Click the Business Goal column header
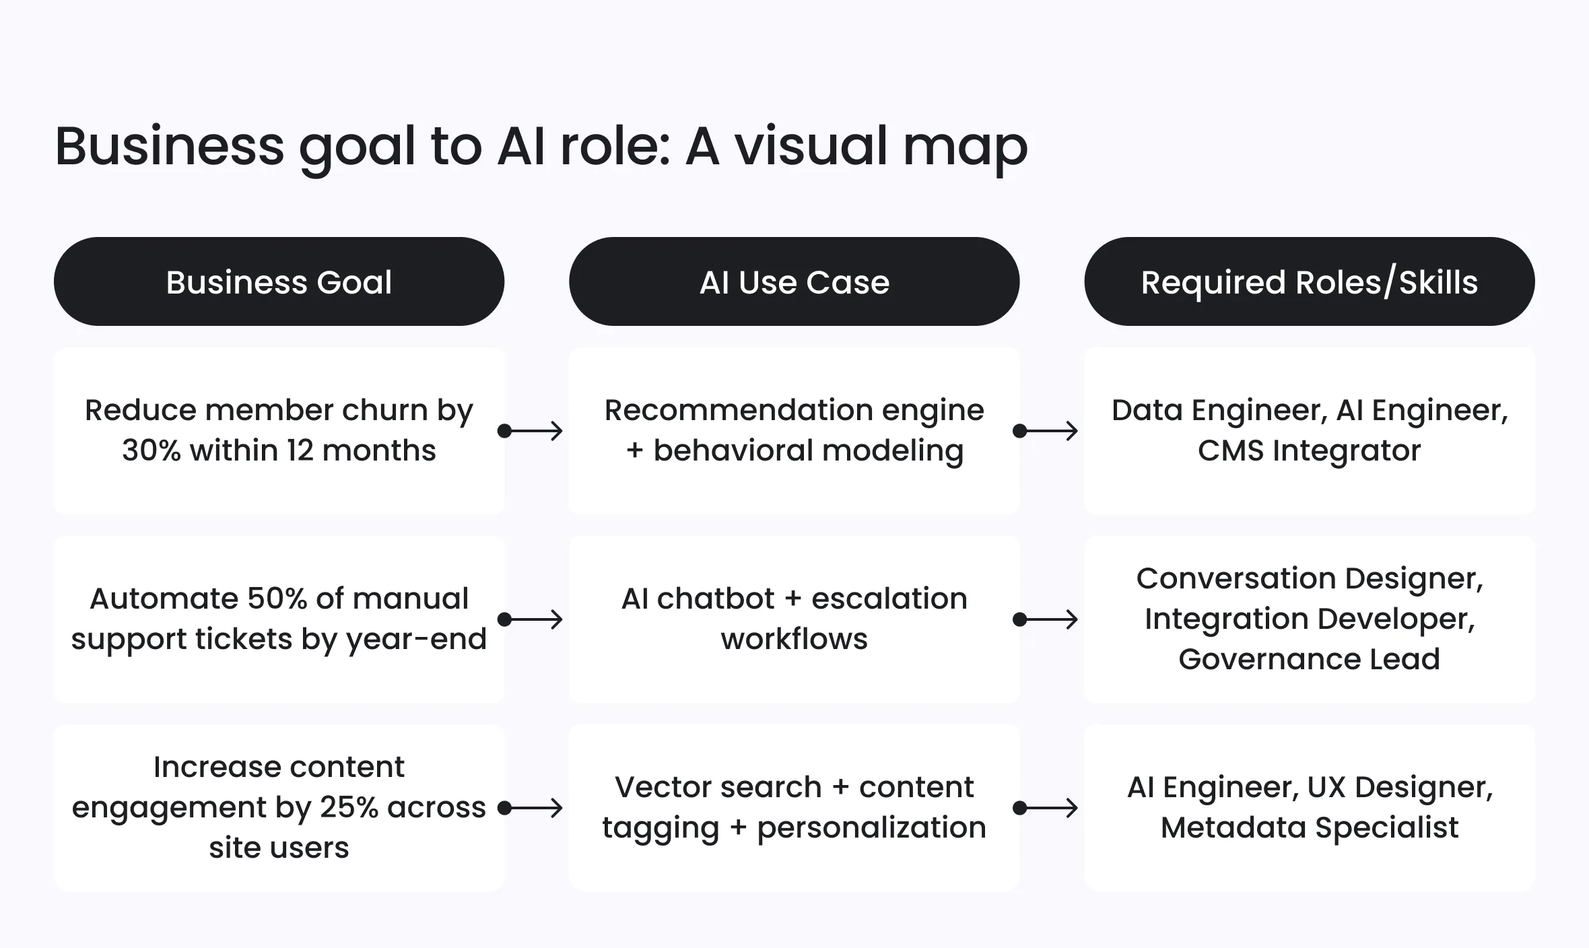pyautogui.click(x=279, y=282)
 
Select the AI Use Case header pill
pyautogui.click(x=794, y=282)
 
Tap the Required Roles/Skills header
pyautogui.click(x=1309, y=282)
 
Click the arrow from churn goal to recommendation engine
pyautogui.click(x=531, y=431)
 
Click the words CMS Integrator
pyautogui.click(x=1309, y=450)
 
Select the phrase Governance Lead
pyautogui.click(x=1309, y=659)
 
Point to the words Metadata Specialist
pyautogui.click(x=1309, y=827)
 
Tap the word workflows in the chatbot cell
pyautogui.click(x=794, y=639)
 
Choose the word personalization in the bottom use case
pyautogui.click(x=871, y=827)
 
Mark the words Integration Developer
pyautogui.click(x=1309, y=619)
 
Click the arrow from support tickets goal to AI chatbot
pyautogui.click(x=531, y=619)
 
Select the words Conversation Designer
pyautogui.click(x=1309, y=578)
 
